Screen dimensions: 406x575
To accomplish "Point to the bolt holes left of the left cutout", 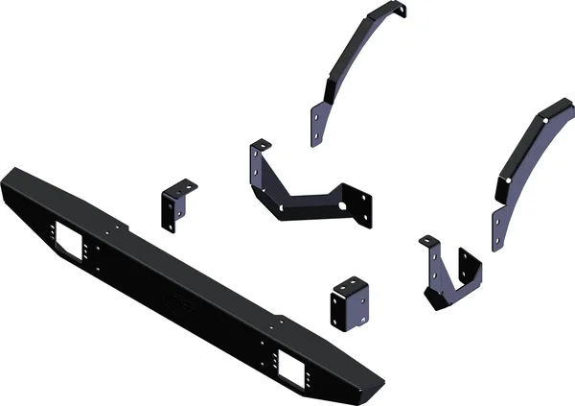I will coord(46,233).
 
